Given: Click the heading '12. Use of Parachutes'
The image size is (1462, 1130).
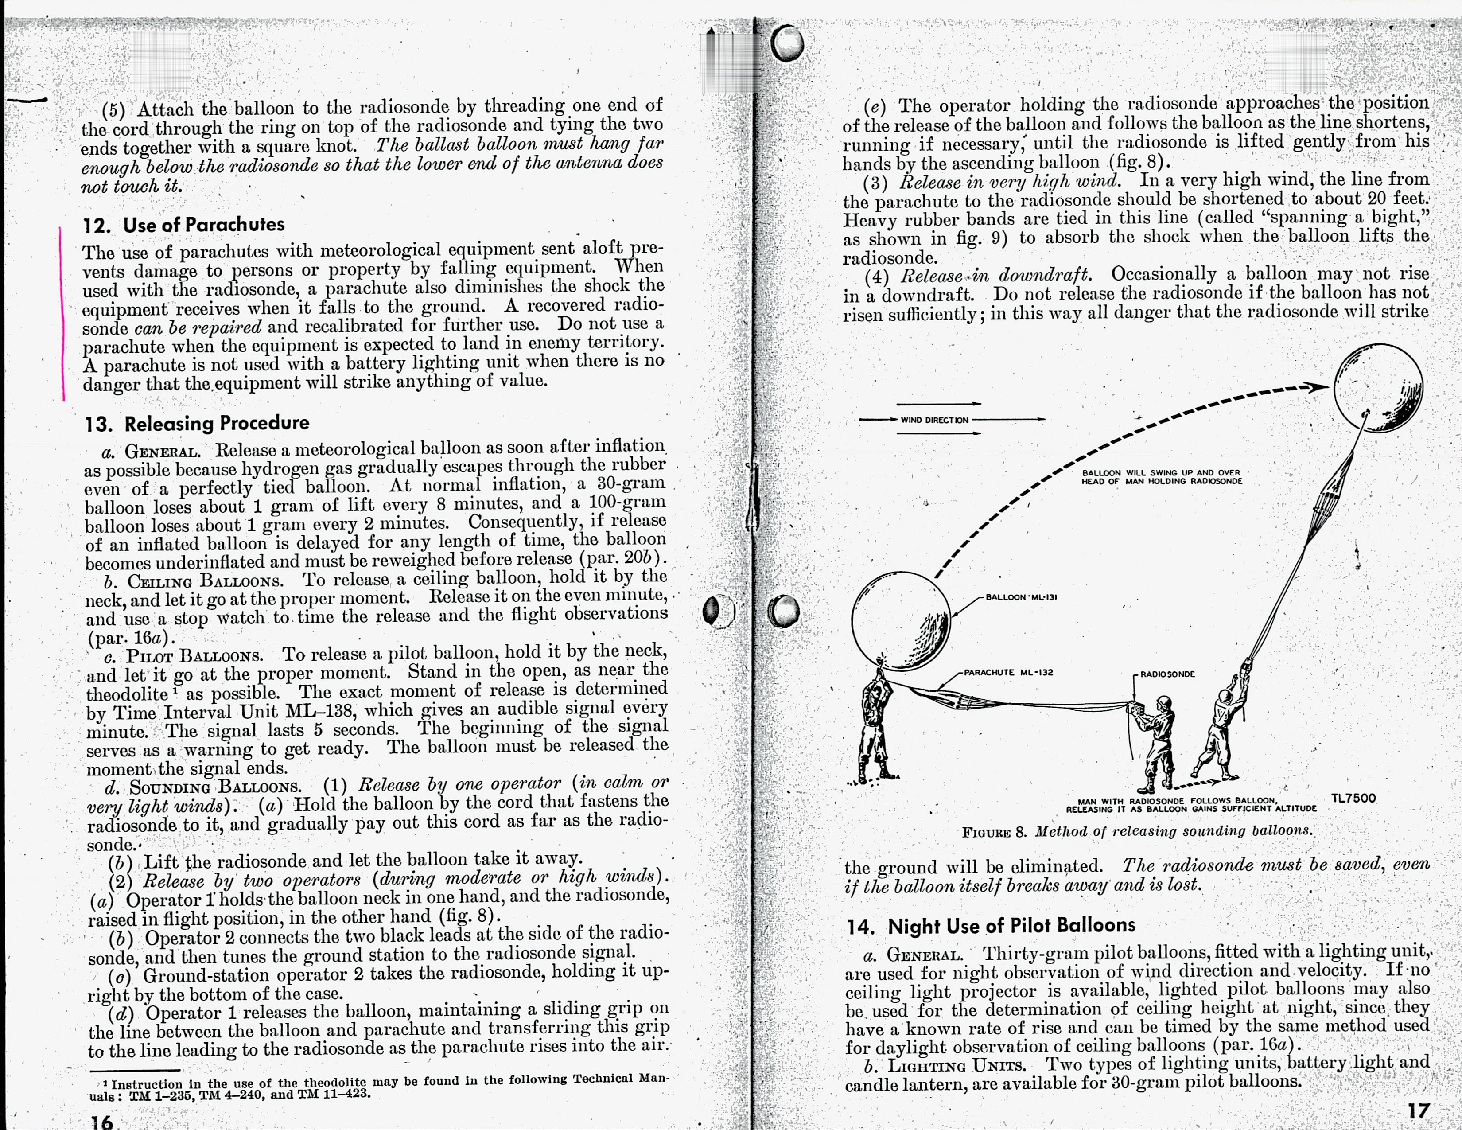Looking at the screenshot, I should coord(184,225).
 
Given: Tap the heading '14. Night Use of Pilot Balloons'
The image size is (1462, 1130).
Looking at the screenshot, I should coord(991,926).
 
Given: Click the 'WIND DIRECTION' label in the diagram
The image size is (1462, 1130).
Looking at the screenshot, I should coord(934,420).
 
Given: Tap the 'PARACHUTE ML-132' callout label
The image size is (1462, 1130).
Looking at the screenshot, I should coord(1008,672).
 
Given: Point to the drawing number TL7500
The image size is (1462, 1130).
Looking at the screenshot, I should coord(1353,798).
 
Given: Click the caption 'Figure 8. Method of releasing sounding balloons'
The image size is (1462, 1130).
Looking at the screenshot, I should coord(1137,831).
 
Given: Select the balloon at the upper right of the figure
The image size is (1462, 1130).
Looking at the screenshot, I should coord(1378,388).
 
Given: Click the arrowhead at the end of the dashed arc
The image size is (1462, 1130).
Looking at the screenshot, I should coord(1318,387).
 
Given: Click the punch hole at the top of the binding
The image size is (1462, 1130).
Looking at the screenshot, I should coord(786,43).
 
